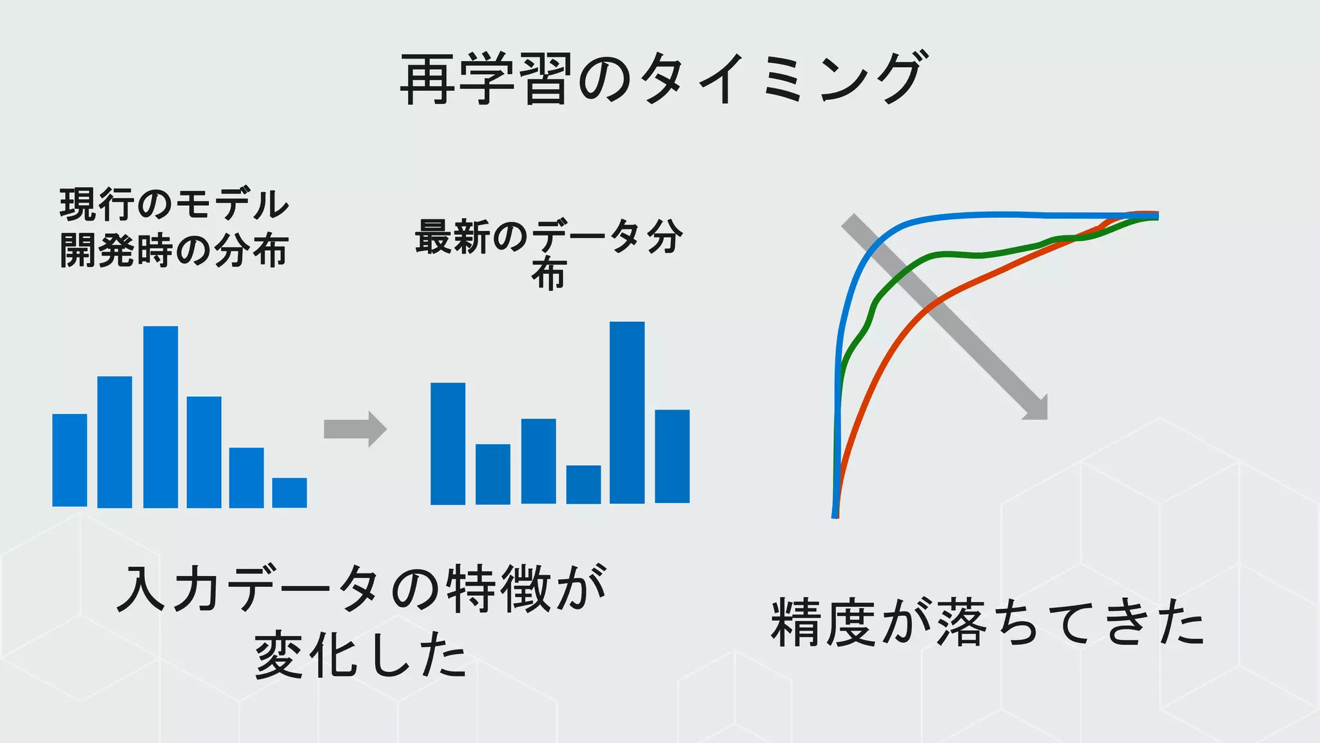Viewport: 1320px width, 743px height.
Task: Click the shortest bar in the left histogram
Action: (289, 493)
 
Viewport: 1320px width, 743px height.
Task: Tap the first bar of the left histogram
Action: (70, 461)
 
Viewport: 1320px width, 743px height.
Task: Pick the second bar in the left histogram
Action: (115, 442)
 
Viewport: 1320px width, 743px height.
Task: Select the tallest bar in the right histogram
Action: (627, 413)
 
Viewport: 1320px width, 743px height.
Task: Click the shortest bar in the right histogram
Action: (583, 484)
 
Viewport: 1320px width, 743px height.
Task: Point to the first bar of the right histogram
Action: (448, 444)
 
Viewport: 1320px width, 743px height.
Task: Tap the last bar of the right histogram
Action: (672, 456)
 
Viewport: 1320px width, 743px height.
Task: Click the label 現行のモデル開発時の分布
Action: (174, 228)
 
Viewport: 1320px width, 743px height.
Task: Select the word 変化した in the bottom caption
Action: (361, 655)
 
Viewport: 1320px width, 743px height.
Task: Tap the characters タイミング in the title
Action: (783, 79)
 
